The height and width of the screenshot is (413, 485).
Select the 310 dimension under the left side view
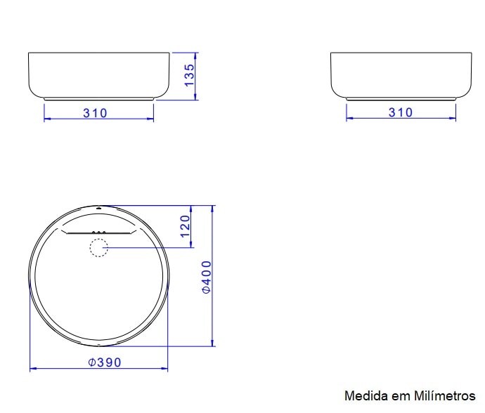click(95, 112)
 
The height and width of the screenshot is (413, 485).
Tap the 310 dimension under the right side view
click(401, 112)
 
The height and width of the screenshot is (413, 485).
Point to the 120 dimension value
click(186, 226)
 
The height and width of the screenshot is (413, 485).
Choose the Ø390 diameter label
click(105, 362)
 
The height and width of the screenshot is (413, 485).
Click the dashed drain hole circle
click(98, 248)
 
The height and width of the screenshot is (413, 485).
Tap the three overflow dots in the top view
click(99, 232)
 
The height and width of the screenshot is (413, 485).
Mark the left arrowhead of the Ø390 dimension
click(32, 369)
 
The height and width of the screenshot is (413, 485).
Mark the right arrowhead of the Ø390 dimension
click(165, 369)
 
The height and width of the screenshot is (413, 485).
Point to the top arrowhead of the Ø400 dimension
click(213, 209)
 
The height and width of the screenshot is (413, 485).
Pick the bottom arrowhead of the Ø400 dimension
click(213, 343)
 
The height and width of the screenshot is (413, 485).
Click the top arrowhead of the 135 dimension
click(197, 54)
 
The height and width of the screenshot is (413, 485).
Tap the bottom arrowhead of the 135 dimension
click(197, 97)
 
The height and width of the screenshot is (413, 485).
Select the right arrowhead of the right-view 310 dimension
click(453, 119)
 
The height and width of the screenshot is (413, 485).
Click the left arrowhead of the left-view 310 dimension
click(47, 119)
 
